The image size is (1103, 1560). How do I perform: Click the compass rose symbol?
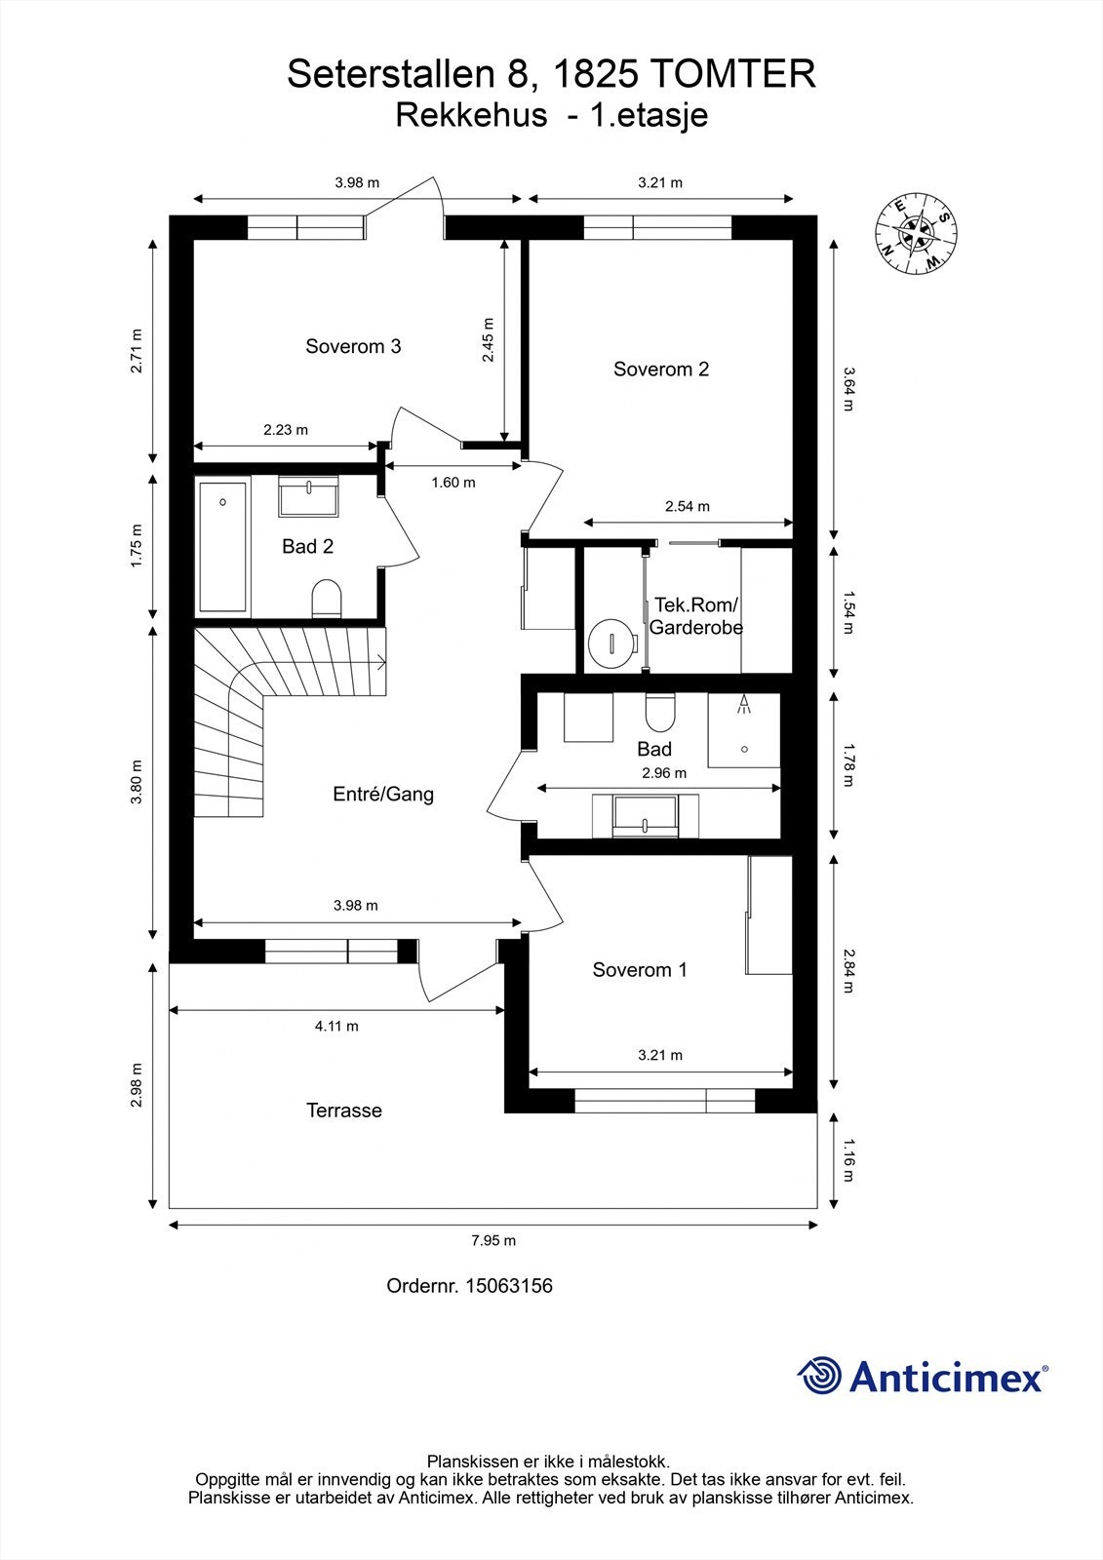916,234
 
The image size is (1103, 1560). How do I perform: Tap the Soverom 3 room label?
353,346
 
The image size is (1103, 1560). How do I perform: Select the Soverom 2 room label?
660,370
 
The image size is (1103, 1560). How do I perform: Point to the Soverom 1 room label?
640,970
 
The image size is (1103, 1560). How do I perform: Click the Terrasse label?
344,1111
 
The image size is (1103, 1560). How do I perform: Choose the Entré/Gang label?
383,794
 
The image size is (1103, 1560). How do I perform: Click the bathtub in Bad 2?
223,547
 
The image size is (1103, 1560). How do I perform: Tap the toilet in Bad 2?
326,599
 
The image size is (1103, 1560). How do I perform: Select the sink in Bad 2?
309,497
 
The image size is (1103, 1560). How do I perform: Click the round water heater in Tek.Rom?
611,643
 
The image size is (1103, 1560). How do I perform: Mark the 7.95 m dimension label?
493,1240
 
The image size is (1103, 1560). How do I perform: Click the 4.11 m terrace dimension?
336,1026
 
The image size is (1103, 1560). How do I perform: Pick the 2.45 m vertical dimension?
488,340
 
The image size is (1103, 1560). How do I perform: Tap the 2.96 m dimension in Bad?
664,772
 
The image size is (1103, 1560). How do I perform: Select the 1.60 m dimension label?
453,482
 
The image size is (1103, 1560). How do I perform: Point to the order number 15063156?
509,1286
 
